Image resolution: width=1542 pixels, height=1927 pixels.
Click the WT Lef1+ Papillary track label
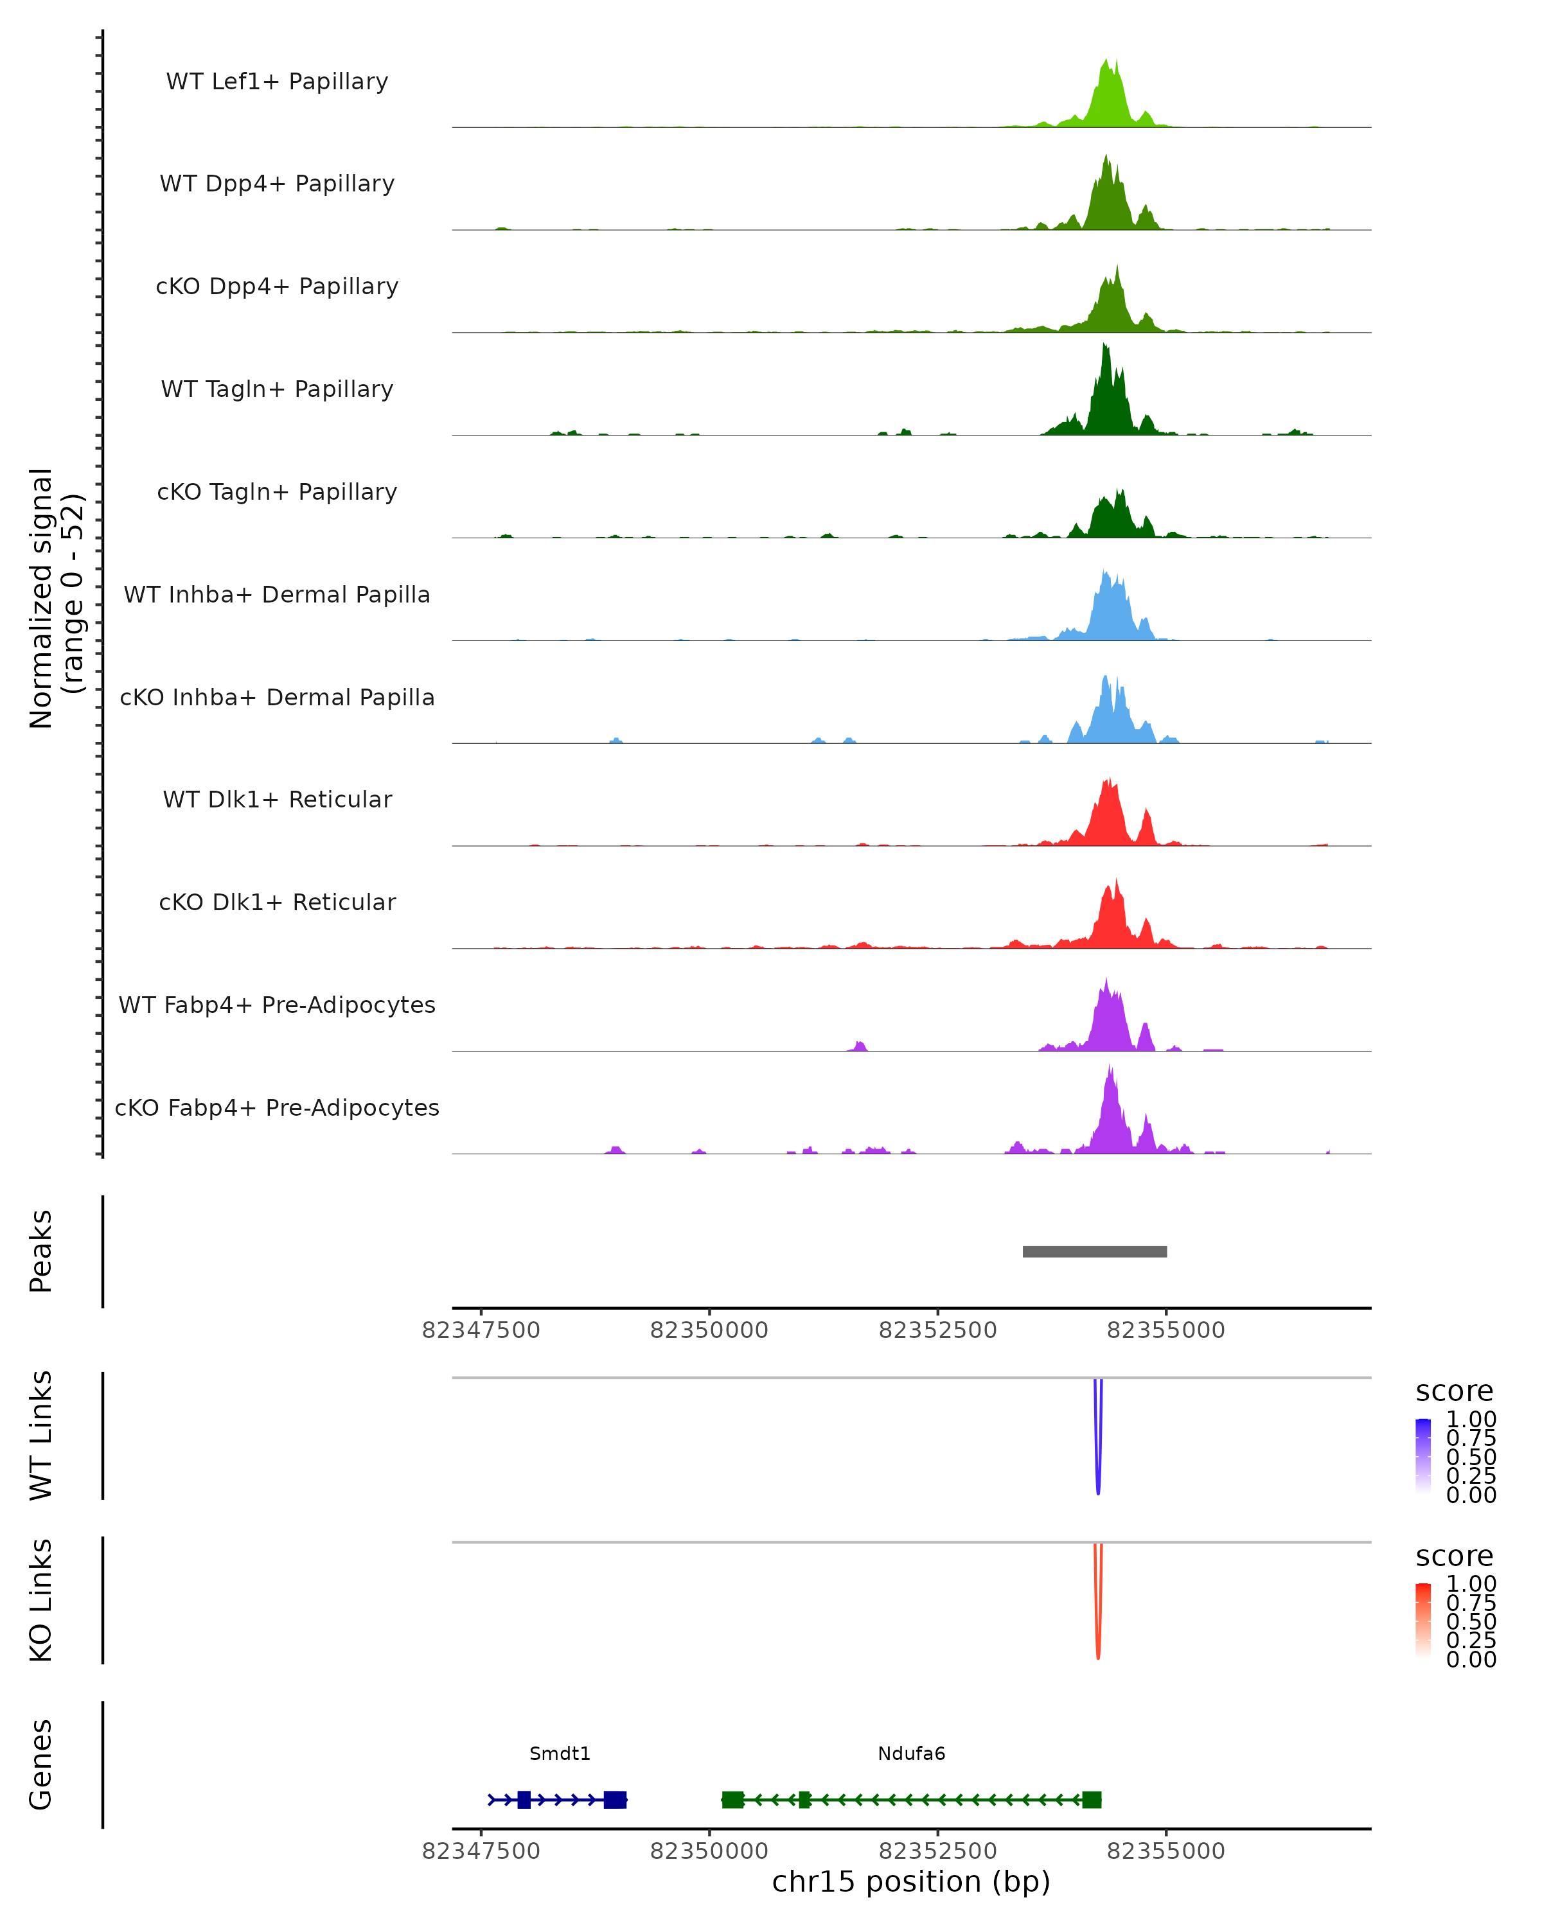[277, 82]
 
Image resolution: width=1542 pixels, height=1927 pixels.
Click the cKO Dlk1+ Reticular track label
[277, 902]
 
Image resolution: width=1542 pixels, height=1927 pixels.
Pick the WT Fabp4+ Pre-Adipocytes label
[277, 1005]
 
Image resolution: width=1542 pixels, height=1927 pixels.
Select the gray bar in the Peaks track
[1094, 1251]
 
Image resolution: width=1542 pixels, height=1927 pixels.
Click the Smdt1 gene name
[560, 1754]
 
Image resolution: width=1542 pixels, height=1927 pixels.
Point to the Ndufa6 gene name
[911, 1754]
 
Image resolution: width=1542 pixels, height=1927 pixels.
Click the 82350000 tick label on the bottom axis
[709, 1851]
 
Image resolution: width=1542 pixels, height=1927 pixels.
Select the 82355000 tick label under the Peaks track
[1165, 1330]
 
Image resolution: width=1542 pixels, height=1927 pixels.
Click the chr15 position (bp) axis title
[911, 1882]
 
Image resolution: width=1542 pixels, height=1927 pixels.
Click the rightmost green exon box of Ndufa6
[1092, 1799]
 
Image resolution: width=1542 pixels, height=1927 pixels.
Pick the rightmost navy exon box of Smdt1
[615, 1799]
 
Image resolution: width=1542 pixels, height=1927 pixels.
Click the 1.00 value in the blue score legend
[1471, 1420]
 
